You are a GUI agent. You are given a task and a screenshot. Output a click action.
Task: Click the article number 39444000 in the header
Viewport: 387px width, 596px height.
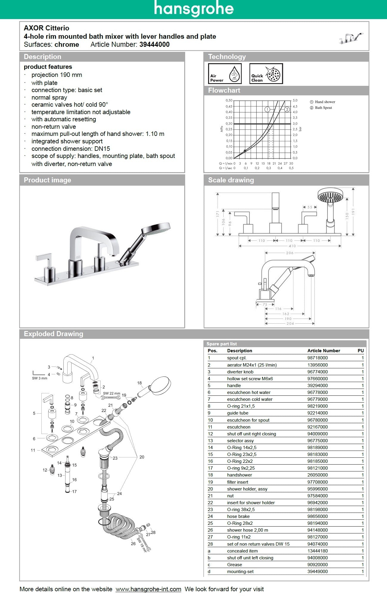(x=155, y=45)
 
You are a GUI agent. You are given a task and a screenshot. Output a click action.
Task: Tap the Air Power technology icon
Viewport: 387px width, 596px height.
(x=225, y=74)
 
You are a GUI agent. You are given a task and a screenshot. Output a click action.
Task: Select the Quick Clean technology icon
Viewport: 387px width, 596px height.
(x=266, y=74)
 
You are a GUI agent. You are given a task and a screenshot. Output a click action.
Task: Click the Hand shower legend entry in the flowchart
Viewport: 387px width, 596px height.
(x=325, y=102)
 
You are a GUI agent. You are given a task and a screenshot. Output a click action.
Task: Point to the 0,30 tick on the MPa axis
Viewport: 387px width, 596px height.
(x=229, y=124)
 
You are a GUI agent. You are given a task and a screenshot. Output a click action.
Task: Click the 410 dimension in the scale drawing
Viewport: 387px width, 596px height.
(x=292, y=246)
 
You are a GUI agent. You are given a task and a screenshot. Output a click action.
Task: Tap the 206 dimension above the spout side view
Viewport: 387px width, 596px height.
(x=290, y=253)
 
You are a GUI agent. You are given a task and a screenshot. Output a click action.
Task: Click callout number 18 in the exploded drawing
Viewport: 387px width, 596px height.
(x=139, y=383)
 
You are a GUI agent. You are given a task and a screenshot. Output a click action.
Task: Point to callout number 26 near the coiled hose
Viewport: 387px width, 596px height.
(x=133, y=544)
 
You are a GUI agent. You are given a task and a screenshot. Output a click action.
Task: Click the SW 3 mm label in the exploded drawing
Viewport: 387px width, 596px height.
(x=40, y=378)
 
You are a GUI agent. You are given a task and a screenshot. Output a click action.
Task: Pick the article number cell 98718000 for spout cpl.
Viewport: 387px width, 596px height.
(x=317, y=358)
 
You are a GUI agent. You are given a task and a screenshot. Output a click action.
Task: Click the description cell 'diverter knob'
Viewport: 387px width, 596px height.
(x=240, y=372)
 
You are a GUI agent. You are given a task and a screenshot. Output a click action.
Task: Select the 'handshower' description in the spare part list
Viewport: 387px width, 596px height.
(x=239, y=475)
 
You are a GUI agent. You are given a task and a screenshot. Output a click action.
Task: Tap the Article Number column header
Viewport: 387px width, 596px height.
(x=324, y=351)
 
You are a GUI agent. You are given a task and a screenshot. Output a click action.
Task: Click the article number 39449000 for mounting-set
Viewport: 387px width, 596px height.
(x=317, y=572)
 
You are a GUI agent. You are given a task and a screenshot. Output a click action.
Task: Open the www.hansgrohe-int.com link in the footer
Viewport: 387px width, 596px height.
(x=148, y=589)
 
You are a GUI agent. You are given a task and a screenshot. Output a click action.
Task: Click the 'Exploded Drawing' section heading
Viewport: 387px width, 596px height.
(x=53, y=334)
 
